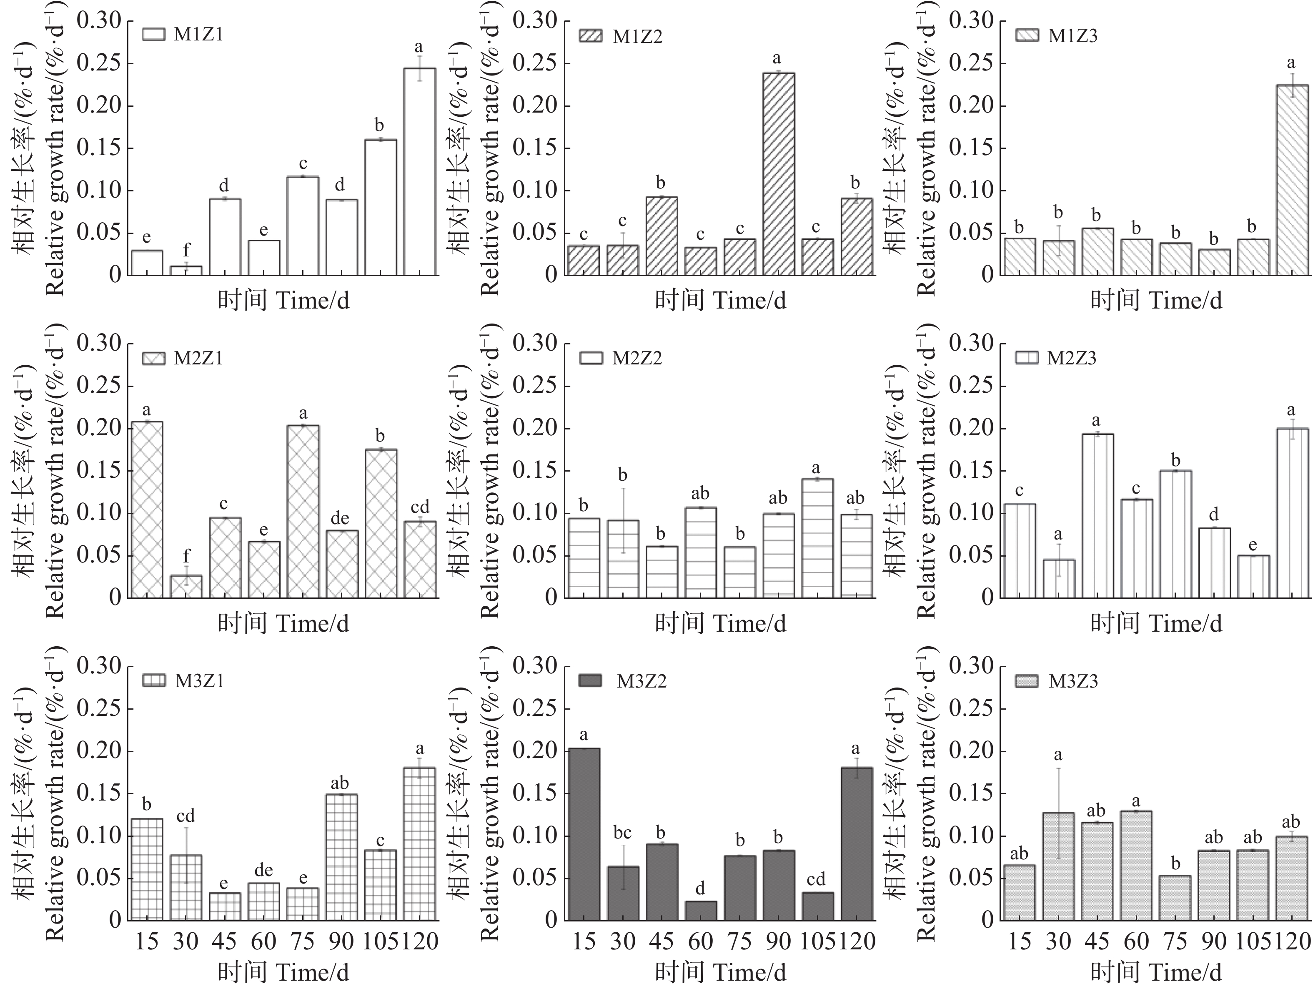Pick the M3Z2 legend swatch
(x=590, y=680)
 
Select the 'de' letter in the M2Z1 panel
(x=340, y=518)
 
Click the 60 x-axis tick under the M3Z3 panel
(x=1136, y=941)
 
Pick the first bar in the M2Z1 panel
(x=147, y=510)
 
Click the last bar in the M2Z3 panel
(x=1292, y=513)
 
